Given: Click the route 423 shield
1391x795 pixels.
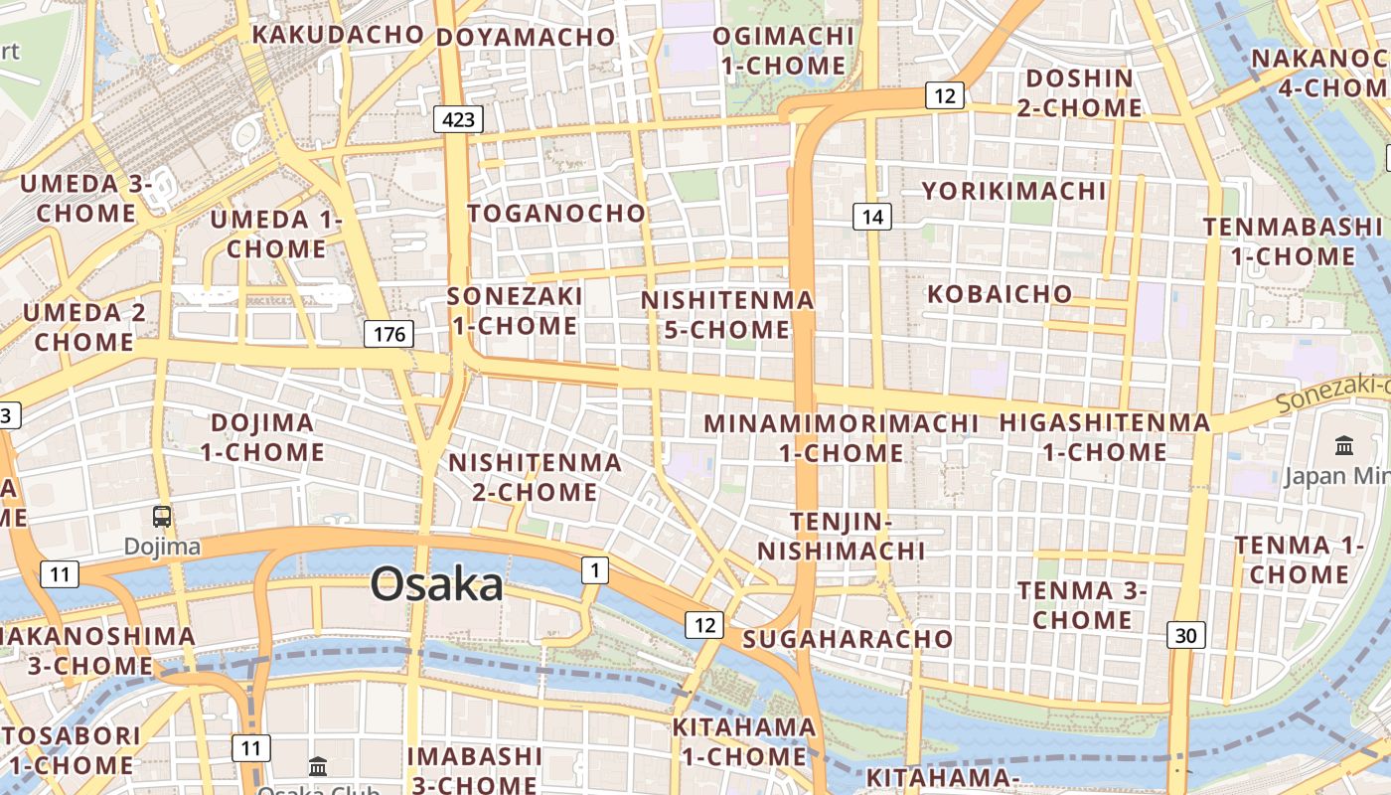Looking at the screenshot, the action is [x=457, y=120].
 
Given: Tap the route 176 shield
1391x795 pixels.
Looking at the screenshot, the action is [x=388, y=334].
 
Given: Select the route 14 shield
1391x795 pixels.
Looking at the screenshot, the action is [x=871, y=217].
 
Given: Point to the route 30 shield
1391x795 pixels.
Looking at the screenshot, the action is [x=1185, y=635].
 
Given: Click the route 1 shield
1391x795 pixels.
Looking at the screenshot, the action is [x=594, y=570].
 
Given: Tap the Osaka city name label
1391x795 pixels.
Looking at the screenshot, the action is [x=436, y=584].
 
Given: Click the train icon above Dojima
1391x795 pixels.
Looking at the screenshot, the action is [x=162, y=517].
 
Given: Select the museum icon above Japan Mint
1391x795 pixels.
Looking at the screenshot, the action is [x=1344, y=446].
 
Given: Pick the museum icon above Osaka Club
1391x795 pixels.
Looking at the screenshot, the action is [x=318, y=766].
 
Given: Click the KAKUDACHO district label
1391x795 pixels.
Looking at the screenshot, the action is [x=338, y=34].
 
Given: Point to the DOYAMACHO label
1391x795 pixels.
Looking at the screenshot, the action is [x=526, y=37].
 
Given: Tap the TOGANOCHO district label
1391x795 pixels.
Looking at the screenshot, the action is [x=556, y=214].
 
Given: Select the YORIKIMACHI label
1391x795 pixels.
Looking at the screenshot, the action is [x=1013, y=191].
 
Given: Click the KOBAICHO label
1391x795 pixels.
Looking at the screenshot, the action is [x=1000, y=294].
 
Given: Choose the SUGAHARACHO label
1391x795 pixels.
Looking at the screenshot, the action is [x=848, y=638].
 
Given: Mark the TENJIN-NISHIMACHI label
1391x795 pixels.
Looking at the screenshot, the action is [x=842, y=536].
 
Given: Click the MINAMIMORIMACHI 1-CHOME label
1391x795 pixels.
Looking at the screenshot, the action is [x=842, y=438].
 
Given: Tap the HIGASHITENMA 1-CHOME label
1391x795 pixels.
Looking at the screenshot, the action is [x=1105, y=437].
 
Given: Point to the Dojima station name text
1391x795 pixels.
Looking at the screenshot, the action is [x=162, y=547].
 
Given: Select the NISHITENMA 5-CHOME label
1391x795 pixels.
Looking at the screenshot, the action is [x=727, y=314].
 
